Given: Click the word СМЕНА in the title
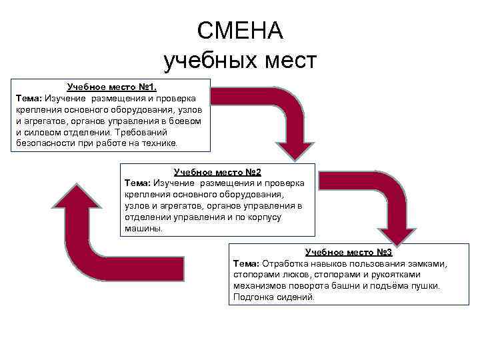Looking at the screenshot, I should pyautogui.click(x=240, y=30).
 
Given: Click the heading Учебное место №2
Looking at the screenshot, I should pyautogui.click(x=217, y=172).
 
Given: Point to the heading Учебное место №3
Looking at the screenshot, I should pyautogui.click(x=349, y=252).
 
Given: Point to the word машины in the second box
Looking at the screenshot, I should pyautogui.click(x=142, y=228).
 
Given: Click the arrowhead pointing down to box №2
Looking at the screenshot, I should pyautogui.click(x=291, y=149).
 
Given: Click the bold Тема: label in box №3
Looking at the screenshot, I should pyautogui.click(x=246, y=263).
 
